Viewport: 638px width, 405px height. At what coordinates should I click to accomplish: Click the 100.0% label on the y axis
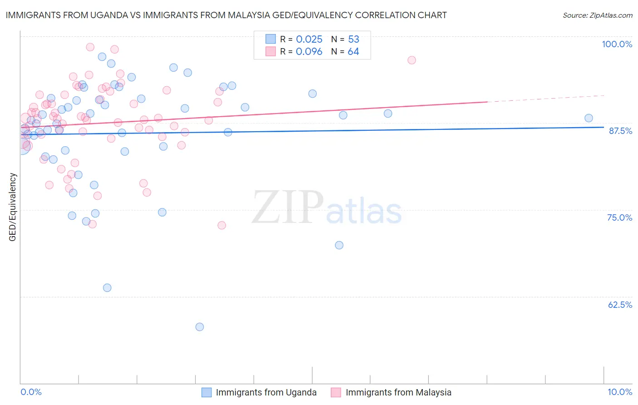click(x=617, y=44)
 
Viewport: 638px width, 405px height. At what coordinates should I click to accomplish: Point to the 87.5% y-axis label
click(x=620, y=131)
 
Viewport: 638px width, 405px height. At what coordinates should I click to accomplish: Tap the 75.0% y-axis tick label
click(x=619, y=217)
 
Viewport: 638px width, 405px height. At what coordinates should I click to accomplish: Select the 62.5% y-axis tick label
click(x=620, y=305)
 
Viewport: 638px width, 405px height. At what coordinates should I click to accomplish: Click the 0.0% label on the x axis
click(x=31, y=392)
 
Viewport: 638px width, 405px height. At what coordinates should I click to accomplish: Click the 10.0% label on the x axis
click(x=619, y=392)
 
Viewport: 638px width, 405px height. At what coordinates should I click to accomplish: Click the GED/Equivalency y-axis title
click(x=13, y=207)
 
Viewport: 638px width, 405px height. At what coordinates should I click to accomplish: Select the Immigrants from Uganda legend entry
click(x=266, y=392)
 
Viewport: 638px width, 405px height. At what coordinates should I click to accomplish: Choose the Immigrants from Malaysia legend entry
click(x=398, y=392)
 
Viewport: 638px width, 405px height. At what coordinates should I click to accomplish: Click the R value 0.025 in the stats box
click(x=309, y=40)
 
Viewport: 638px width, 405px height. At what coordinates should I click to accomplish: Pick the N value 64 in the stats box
click(x=353, y=52)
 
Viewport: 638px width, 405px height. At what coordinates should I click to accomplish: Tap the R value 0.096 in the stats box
click(x=309, y=52)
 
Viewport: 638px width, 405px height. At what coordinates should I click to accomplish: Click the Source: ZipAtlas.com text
click(x=597, y=15)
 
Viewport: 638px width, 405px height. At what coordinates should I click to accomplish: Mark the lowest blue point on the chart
click(x=200, y=327)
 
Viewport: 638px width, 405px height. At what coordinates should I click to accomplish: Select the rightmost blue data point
click(x=589, y=118)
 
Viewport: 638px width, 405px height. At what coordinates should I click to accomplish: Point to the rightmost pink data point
click(x=412, y=60)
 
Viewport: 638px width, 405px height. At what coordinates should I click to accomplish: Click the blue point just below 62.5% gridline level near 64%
click(x=107, y=288)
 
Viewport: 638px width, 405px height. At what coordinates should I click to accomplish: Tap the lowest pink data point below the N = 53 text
click(x=222, y=225)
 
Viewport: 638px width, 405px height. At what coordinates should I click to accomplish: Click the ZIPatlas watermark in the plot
click(x=327, y=207)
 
